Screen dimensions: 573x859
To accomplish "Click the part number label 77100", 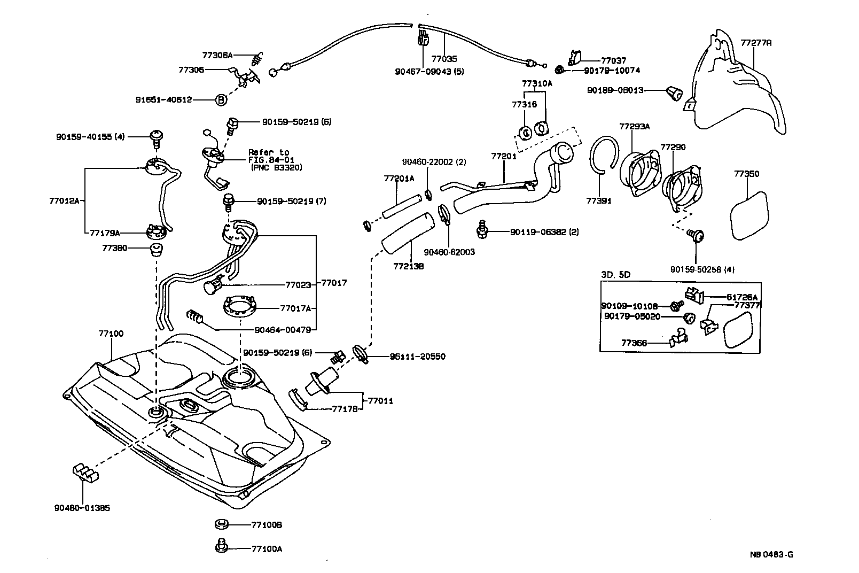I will (111, 334).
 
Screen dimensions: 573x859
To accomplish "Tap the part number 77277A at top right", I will (756, 42).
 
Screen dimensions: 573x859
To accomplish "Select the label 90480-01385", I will (82, 508).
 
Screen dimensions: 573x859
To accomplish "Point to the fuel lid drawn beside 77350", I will (749, 216).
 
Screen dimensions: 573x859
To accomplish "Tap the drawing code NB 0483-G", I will (771, 554).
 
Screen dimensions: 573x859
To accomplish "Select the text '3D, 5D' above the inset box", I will (615, 275).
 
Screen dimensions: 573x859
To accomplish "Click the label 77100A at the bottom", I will (267, 548).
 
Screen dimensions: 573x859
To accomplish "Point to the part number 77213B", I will (409, 266).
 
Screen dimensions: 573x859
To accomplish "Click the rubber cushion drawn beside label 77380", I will (155, 249).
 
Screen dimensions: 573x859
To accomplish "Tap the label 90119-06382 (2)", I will (544, 232).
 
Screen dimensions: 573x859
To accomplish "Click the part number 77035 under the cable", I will (444, 59).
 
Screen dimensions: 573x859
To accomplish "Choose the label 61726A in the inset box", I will (741, 297).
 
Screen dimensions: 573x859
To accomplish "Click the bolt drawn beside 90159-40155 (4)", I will (157, 138).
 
